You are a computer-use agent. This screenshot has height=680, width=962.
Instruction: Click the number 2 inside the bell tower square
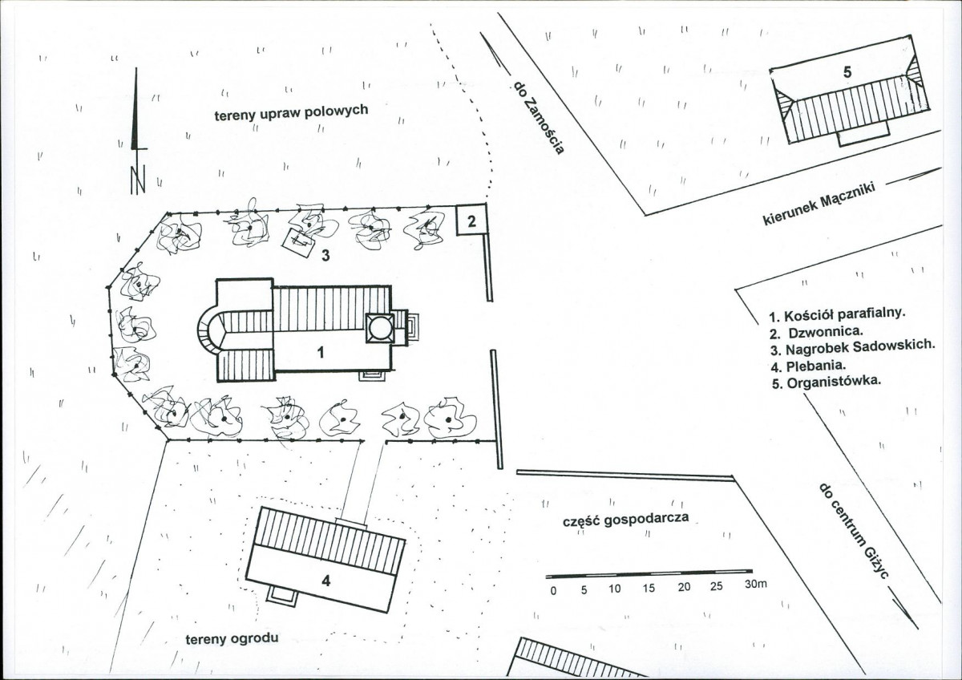(471, 221)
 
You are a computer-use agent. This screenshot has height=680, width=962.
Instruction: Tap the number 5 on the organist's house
(847, 72)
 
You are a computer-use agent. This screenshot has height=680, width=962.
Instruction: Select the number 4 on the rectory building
(326, 581)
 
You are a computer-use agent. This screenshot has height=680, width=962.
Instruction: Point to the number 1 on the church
(321, 353)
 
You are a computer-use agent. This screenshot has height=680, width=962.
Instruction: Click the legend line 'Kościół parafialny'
(838, 315)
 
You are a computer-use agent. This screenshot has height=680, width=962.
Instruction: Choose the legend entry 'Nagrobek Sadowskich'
(852, 348)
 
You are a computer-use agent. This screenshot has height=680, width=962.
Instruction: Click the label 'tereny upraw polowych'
(291, 112)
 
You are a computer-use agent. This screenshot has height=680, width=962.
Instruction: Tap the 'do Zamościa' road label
(539, 118)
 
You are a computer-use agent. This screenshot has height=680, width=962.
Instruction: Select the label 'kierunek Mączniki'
(819, 204)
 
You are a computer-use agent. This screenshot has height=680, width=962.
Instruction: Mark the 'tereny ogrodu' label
(232, 639)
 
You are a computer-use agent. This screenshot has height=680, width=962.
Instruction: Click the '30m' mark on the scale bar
(756, 585)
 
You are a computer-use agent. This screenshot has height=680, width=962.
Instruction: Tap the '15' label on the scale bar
(649, 588)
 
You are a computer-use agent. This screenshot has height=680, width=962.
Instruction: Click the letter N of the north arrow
(138, 180)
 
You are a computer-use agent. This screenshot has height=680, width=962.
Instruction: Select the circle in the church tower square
(380, 329)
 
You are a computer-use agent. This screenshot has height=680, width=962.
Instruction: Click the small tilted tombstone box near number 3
(298, 243)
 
